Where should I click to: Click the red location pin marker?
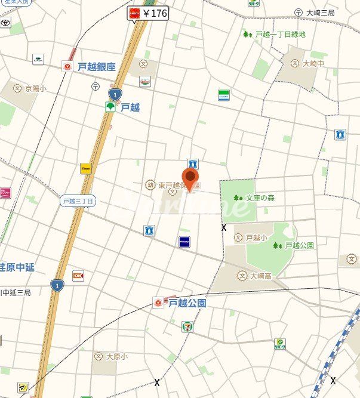[190, 178]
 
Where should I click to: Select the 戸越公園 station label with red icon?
[181, 303]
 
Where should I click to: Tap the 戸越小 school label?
[254, 237]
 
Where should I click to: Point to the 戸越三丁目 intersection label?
[78, 201]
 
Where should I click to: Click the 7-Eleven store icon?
[187, 326]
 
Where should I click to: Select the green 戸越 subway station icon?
[110, 107]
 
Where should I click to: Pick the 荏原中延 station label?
[18, 267]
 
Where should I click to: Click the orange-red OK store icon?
[78, 276]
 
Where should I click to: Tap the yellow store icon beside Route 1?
[86, 169]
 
